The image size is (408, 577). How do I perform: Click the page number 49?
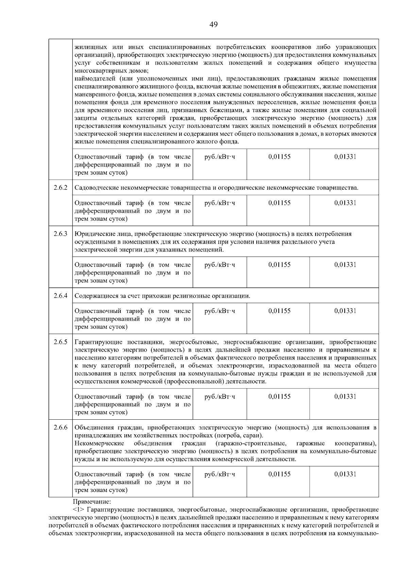point(214,24)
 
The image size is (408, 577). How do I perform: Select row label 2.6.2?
point(61,188)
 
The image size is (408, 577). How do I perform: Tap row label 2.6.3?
point(61,234)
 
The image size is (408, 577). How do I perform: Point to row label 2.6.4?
point(61,296)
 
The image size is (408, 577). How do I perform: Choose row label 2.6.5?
point(61,342)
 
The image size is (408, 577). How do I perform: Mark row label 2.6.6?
point(61,427)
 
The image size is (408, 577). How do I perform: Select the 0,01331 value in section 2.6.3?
point(345,265)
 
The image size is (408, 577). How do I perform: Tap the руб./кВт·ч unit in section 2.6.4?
point(220,311)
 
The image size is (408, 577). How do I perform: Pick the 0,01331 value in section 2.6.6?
point(345,474)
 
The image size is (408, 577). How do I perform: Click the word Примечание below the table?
point(92,501)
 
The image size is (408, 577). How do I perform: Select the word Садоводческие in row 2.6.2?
point(94,188)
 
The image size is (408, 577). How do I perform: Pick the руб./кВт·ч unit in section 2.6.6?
point(220,474)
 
